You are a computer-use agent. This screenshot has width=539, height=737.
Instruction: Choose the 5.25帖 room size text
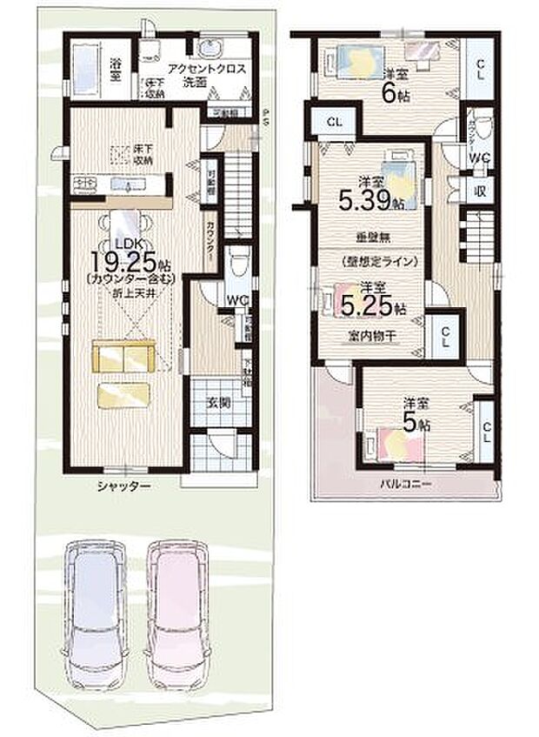click(x=370, y=306)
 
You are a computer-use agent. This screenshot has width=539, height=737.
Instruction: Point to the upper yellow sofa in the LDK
click(x=123, y=357)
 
